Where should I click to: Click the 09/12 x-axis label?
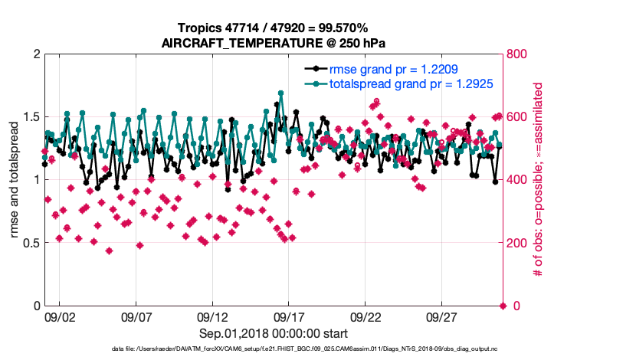click(212, 316)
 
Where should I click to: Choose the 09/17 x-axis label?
click(289, 316)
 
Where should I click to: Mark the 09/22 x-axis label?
click(366, 316)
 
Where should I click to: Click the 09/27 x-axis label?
click(442, 316)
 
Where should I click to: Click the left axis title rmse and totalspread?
click(14, 180)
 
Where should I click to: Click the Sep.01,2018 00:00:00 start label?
click(274, 333)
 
